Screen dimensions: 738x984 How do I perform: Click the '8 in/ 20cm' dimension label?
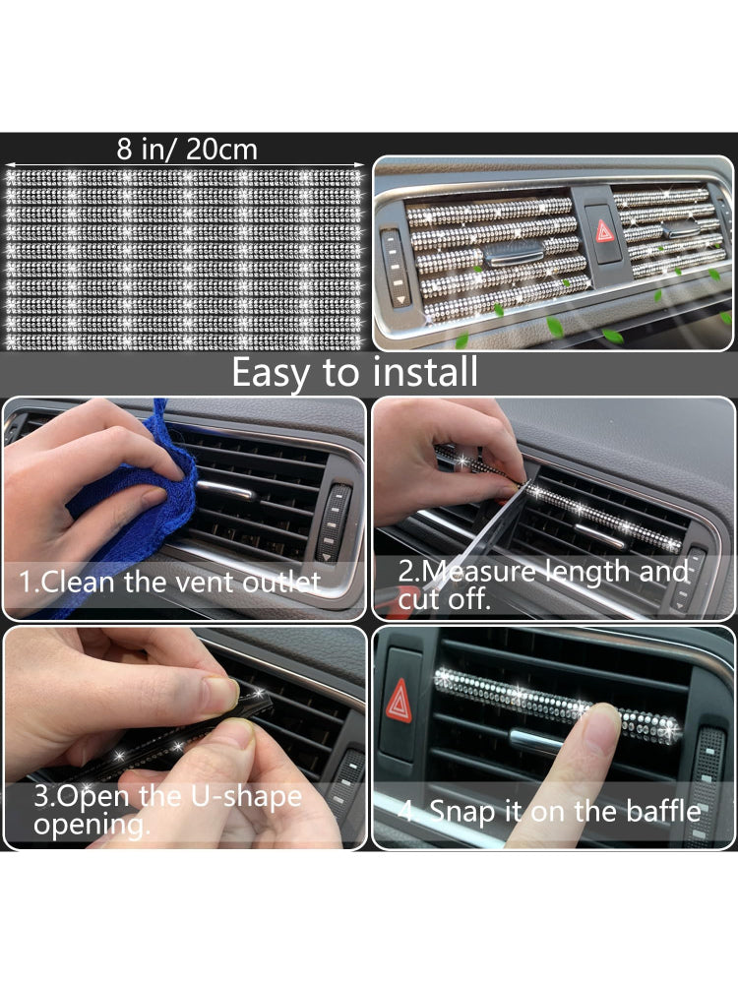[187, 150]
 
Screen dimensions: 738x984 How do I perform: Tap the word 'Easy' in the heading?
[271, 373]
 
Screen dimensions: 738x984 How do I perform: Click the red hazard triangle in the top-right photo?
[604, 231]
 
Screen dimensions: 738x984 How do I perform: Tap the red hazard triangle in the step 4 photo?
[399, 701]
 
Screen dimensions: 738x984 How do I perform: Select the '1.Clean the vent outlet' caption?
[169, 582]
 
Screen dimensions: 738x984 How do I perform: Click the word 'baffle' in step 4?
[664, 811]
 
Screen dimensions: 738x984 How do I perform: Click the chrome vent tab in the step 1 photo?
[226, 489]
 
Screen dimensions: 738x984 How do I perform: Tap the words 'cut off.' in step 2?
[444, 599]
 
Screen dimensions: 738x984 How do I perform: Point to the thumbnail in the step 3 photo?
[220, 692]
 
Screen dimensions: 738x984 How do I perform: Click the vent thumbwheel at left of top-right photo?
[394, 268]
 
